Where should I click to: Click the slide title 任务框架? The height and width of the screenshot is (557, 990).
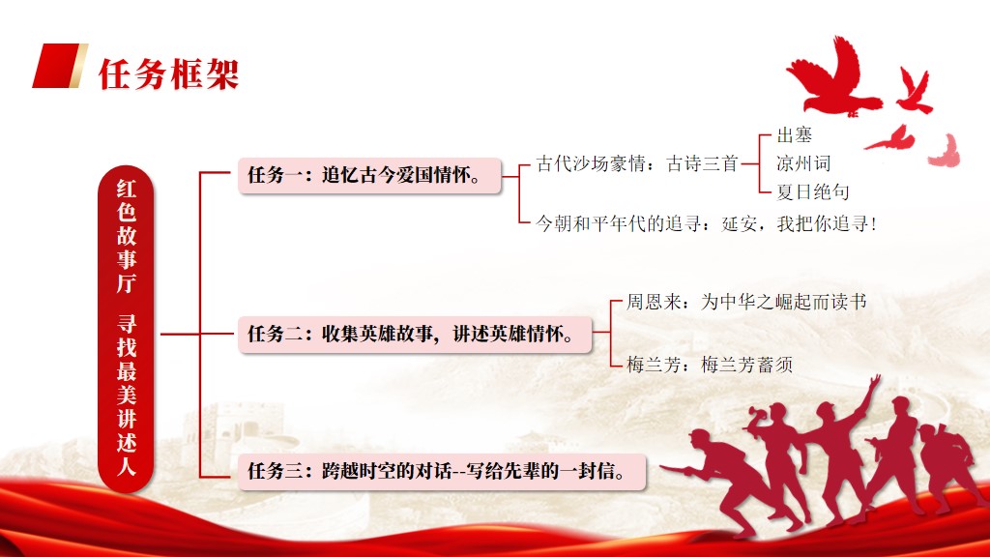point(168,74)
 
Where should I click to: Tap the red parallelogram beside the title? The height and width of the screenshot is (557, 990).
point(59,66)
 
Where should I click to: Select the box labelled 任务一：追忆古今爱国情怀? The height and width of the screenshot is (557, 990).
point(369,175)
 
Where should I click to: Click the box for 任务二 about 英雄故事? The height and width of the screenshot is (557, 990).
point(415,334)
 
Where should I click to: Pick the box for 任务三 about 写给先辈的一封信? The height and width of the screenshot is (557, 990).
point(442,471)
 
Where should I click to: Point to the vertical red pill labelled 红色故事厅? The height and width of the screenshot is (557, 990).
point(126,329)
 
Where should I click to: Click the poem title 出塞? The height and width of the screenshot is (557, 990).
point(795,134)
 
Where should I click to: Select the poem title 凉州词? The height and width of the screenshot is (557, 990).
point(803,163)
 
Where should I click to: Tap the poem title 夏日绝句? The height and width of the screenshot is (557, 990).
point(812,192)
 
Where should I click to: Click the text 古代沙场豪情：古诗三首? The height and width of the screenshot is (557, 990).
point(637,163)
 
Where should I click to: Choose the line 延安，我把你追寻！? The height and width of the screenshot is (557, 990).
point(800,223)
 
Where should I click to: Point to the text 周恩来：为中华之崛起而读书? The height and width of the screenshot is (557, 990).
point(746,302)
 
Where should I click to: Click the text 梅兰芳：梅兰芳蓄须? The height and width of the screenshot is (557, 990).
point(710,365)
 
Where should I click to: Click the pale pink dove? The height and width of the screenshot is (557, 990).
point(946,152)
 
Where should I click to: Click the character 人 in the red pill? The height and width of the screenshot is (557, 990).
point(126,467)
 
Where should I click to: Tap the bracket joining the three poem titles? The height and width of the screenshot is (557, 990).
point(759,163)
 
